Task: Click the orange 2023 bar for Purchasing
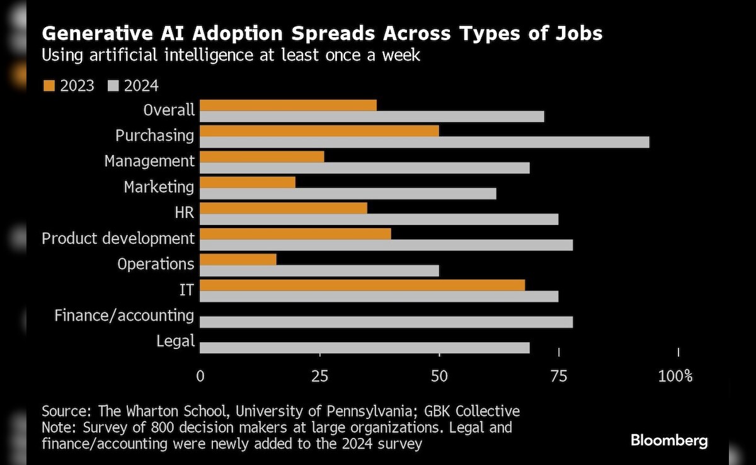(319, 131)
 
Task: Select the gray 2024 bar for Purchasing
(424, 142)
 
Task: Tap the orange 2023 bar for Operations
(238, 260)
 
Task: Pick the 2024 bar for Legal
(365, 348)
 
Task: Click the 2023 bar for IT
(362, 285)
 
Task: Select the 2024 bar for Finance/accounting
(386, 322)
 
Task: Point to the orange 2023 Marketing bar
(248, 183)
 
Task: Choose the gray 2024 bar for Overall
(372, 117)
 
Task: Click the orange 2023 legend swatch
(49, 86)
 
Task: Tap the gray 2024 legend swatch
(113, 86)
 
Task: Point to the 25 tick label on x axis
(320, 377)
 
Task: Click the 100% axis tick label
(675, 377)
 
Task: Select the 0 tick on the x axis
(200, 377)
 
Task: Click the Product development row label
(118, 239)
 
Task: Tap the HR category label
(185, 213)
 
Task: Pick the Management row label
(149, 161)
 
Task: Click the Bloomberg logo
(669, 440)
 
